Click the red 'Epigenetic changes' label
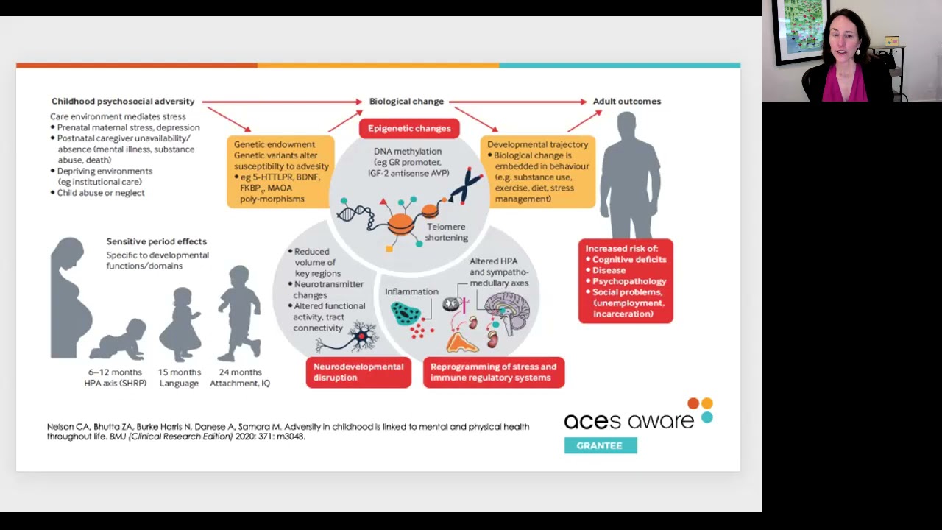409,129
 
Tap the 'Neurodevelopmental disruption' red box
358,372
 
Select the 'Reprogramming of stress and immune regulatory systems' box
493,372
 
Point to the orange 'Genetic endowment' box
280,172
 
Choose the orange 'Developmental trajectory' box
538,172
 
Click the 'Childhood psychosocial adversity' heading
123,102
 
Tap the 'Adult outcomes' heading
627,102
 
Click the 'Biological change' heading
406,102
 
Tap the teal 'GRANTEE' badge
600,445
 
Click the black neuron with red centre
361,337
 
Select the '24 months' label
240,372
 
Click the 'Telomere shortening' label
446,232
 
